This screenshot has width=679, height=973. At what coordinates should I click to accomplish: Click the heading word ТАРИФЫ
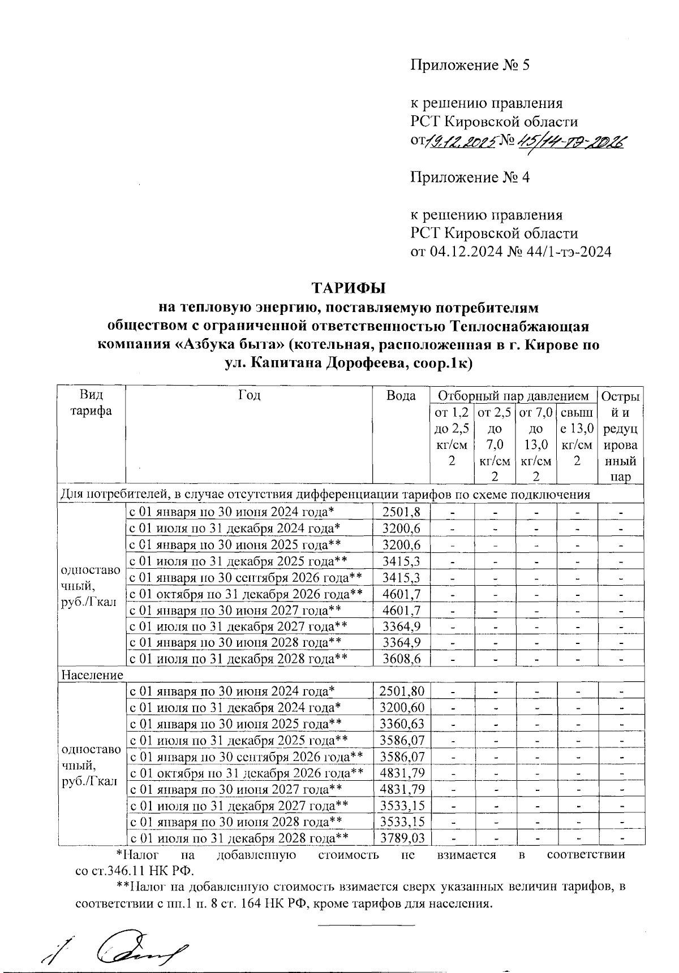[349, 288]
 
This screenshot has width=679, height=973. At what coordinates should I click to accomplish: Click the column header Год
[249, 395]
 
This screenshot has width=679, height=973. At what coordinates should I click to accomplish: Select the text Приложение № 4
[470, 178]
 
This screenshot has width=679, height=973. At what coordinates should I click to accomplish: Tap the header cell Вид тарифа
[91, 403]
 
